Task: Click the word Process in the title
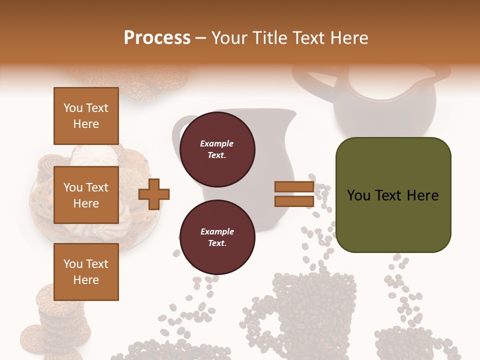point(157,38)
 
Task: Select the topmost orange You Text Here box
point(86,116)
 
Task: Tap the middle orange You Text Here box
point(86,195)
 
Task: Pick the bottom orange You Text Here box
point(86,272)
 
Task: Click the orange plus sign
point(154,194)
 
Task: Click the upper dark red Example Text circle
point(217,149)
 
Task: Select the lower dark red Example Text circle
point(217,237)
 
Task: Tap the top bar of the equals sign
point(294,187)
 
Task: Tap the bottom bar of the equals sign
point(294,201)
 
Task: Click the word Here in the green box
point(422,195)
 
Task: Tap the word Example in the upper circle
point(217,144)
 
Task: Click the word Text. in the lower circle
point(217,243)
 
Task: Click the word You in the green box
point(359,195)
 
